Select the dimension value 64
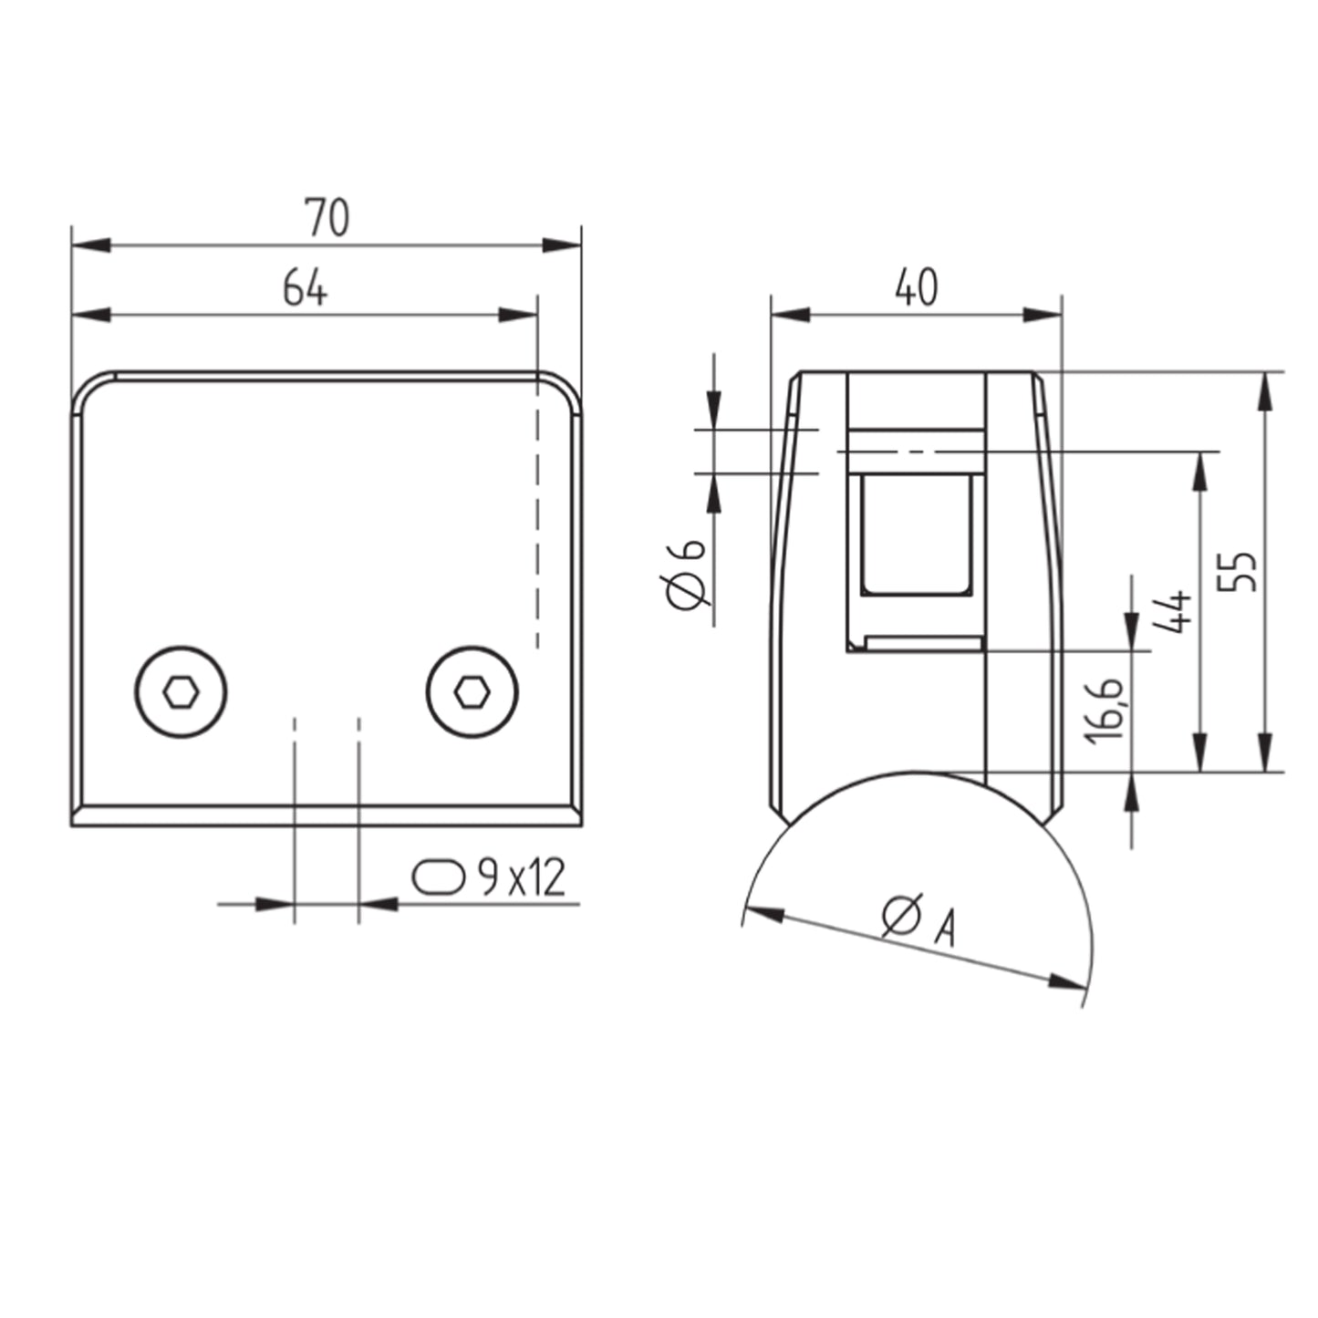[305, 287]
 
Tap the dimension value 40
[917, 287]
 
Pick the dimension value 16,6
[1106, 712]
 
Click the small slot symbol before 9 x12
[439, 877]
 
